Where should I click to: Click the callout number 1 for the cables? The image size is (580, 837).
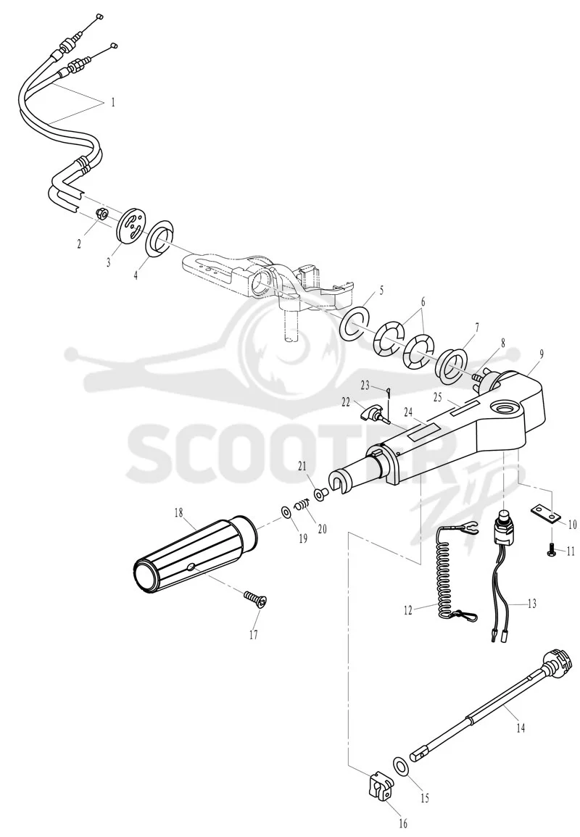pos(112,102)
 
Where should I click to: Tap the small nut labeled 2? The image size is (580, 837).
pos(100,214)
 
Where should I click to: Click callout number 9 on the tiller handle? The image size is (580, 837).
pos(541,354)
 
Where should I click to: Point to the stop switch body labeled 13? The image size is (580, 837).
pos(502,524)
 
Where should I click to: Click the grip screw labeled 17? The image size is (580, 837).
pos(255,598)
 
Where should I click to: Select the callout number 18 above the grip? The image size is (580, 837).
pos(178,513)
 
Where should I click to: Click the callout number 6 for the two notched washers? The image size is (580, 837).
pos(423,301)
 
